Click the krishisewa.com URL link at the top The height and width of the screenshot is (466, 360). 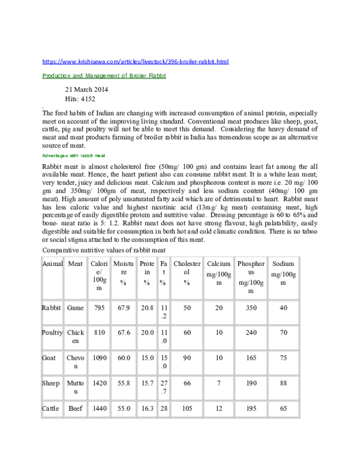coord(135,62)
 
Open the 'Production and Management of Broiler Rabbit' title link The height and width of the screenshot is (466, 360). coord(104,76)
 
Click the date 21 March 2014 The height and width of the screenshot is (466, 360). coord(86,90)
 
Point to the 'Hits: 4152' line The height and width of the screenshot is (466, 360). coord(80,99)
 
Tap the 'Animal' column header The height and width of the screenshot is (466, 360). coord(52,264)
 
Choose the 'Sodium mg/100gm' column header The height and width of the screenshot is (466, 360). coord(283,273)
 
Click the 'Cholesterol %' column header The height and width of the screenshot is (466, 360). coord(187,273)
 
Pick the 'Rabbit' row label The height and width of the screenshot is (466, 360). coord(52,307)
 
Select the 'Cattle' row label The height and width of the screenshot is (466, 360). coord(50,408)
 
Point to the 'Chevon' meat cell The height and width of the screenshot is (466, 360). coord(76,362)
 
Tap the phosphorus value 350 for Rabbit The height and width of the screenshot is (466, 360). coord(250,307)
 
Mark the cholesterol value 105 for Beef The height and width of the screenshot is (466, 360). coord(187,408)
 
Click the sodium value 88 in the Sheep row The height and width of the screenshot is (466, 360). coord(283,383)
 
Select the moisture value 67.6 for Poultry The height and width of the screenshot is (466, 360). coord(125,332)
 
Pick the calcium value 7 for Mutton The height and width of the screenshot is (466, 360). coord(218,383)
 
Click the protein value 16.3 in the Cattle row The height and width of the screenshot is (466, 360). coord(146,408)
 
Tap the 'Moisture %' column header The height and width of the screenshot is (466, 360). coord(125,273)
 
